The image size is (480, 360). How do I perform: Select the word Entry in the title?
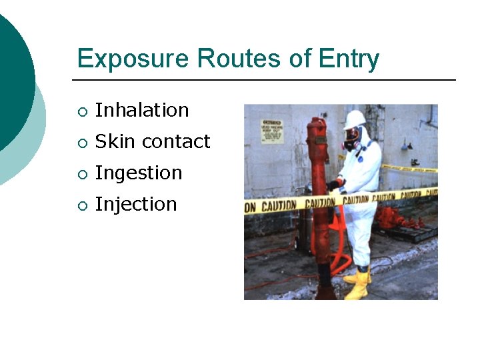coord(348,60)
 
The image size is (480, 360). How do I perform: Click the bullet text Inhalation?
coord(142,110)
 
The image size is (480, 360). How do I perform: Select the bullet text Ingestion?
coord(139,173)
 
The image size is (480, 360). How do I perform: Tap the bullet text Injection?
coord(136,204)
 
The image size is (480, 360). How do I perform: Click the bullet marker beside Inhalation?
coord(81,111)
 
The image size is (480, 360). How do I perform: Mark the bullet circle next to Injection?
coord(81,205)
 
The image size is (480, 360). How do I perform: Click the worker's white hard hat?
coord(355,119)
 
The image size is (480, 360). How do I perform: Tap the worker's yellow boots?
coord(358,283)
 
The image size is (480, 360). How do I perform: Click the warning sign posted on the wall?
coord(271,131)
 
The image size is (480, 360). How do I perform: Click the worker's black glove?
coord(333,185)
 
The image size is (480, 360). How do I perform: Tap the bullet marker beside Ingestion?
coord(81,174)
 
